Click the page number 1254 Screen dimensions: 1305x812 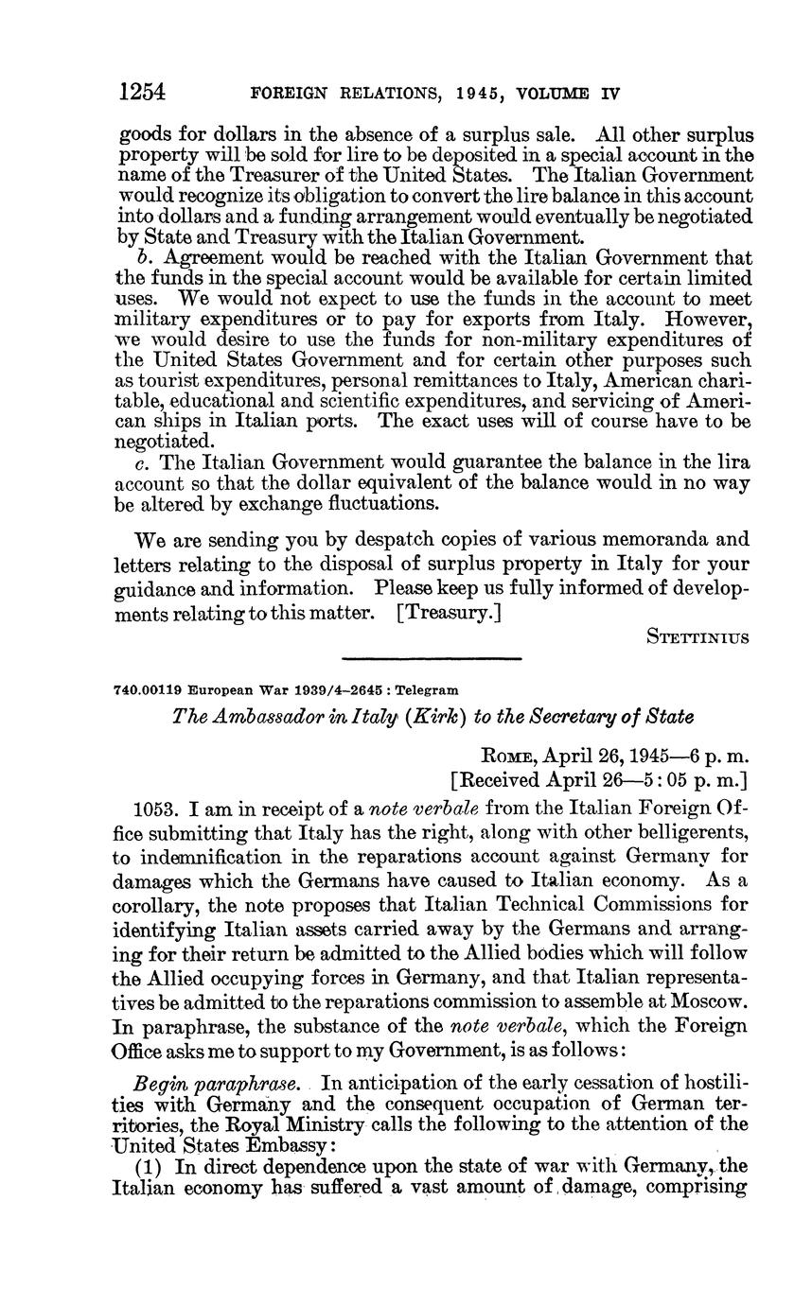(x=142, y=92)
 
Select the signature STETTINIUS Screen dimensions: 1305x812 (x=697, y=637)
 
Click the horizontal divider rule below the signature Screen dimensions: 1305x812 (x=431, y=659)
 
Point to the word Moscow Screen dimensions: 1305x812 (x=709, y=974)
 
